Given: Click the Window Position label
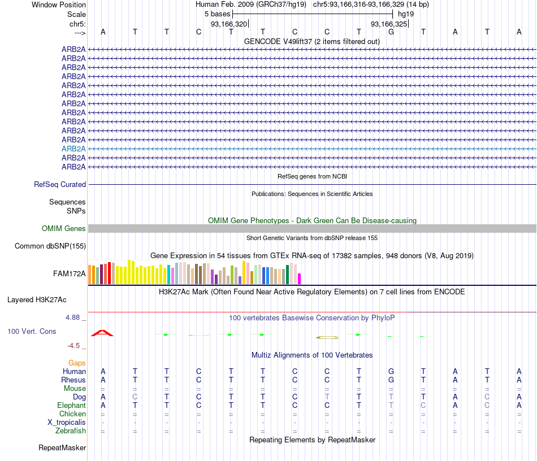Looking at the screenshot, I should (59, 5).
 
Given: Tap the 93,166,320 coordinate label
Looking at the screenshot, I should (229, 24).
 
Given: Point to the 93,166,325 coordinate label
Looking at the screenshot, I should (388, 24).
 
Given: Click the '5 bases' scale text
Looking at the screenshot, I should (217, 14).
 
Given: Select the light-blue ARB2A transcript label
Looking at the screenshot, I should (73, 149).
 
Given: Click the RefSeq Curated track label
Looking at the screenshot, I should (60, 184).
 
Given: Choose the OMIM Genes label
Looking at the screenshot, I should (64, 229).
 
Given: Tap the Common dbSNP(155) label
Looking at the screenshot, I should (50, 246).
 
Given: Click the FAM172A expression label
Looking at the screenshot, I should (70, 274).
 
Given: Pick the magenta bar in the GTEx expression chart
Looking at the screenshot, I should (299, 279).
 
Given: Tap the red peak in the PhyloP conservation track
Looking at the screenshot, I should (102, 333).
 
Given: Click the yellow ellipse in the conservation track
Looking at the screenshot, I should (327, 337).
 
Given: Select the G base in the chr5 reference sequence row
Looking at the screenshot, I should (391, 32).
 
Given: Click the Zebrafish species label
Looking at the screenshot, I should (71, 430).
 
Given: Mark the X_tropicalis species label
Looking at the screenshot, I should (67, 422).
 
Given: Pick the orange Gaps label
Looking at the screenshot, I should (77, 363).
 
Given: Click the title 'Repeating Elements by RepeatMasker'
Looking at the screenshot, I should (312, 440).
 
